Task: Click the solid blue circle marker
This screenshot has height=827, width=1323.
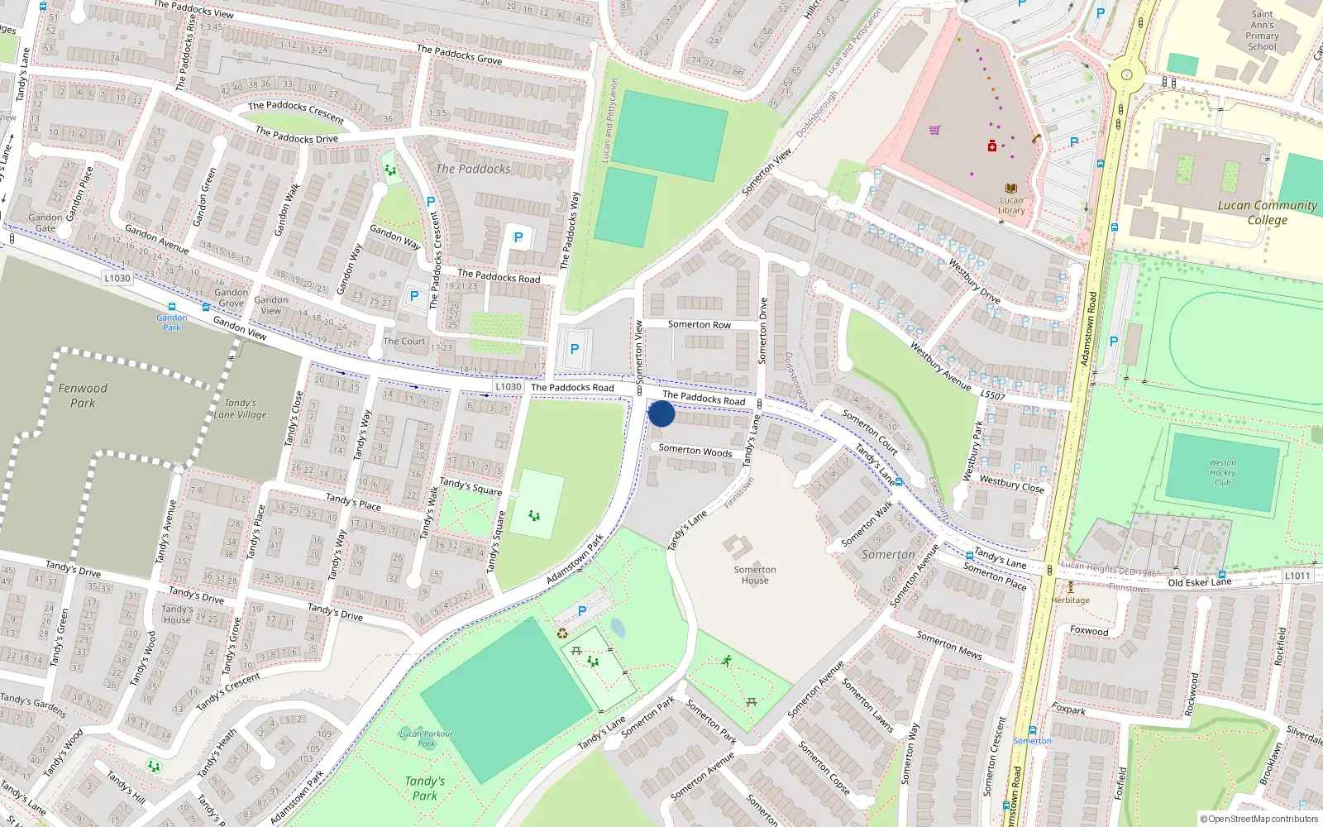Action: (661, 413)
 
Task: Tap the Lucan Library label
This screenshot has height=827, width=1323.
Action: (1011, 204)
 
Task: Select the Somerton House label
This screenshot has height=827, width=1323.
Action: (754, 574)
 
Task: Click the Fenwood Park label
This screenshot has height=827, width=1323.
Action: (83, 395)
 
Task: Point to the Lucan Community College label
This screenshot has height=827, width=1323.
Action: (1267, 212)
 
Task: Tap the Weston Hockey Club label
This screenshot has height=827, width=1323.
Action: (1222, 472)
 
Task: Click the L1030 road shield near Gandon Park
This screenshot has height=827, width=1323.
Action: (117, 278)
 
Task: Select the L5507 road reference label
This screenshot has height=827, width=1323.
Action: (992, 395)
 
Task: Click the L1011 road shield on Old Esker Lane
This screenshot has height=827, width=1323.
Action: (1297, 576)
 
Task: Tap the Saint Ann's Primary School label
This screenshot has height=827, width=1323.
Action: (1262, 31)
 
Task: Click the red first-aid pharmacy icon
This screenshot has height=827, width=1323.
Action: (991, 146)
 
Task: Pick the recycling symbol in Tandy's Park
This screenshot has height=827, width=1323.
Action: (562, 633)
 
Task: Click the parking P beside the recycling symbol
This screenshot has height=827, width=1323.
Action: (582, 611)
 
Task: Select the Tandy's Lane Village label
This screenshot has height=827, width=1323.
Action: (240, 409)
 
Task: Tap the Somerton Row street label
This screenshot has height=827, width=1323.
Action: (699, 324)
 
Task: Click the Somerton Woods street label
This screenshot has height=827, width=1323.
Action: (695, 451)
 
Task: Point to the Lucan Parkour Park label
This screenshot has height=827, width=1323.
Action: (426, 738)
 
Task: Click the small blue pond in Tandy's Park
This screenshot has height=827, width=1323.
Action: (617, 629)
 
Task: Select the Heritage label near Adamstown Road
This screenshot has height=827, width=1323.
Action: (1070, 600)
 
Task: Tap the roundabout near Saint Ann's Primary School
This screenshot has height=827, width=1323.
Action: (1126, 74)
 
